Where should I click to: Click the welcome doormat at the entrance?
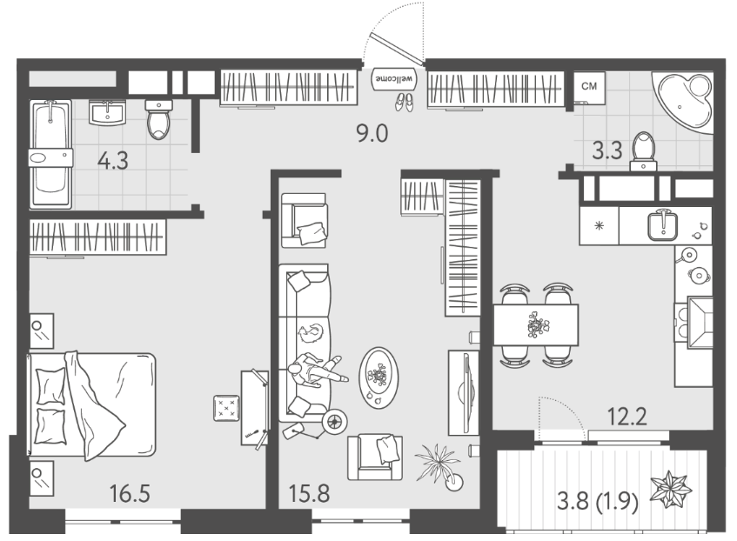pos(394,79)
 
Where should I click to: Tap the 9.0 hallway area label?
pos(372,134)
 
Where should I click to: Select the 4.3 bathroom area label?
pos(113,161)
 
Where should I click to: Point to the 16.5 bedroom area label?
pos(130,493)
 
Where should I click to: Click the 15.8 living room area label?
pos(309,493)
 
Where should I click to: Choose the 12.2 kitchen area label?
pos(627,417)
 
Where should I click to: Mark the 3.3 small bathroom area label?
pos(607,150)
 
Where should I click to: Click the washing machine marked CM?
pos(589,88)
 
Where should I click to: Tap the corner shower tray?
pos(683,103)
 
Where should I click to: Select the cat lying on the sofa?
pos(311,333)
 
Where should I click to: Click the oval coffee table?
pos(379,377)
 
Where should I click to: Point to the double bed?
pos(92,404)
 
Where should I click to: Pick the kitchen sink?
pos(663,225)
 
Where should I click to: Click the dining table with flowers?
pos(536,324)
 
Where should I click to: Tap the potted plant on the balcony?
pos(671,489)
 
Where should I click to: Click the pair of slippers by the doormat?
pos(405,102)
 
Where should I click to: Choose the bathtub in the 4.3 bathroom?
pos(50,154)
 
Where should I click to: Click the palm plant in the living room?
pos(439,465)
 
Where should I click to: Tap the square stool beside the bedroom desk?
pos(226,408)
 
